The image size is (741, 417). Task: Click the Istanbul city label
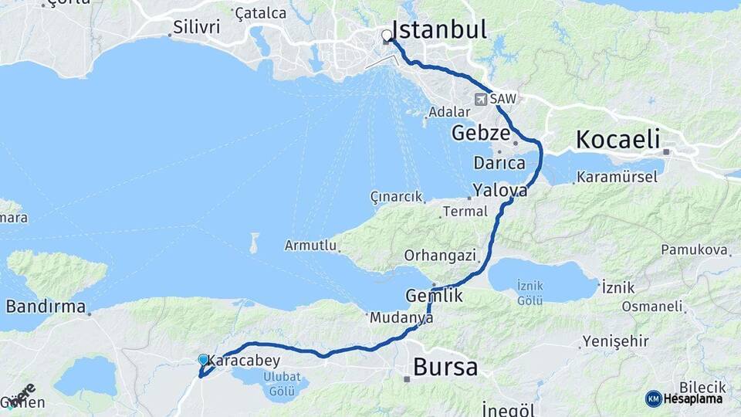click(440, 30)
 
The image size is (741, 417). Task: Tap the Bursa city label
click(445, 367)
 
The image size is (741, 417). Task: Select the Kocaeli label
click(618, 140)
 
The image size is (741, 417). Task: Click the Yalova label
click(500, 189)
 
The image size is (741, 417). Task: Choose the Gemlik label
click(435, 296)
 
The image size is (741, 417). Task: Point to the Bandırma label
click(46, 307)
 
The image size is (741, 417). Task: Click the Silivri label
click(197, 28)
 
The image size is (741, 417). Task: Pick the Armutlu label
click(310, 246)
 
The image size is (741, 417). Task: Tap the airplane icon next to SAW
click(481, 99)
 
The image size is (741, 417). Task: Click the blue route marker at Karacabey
click(203, 360)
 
